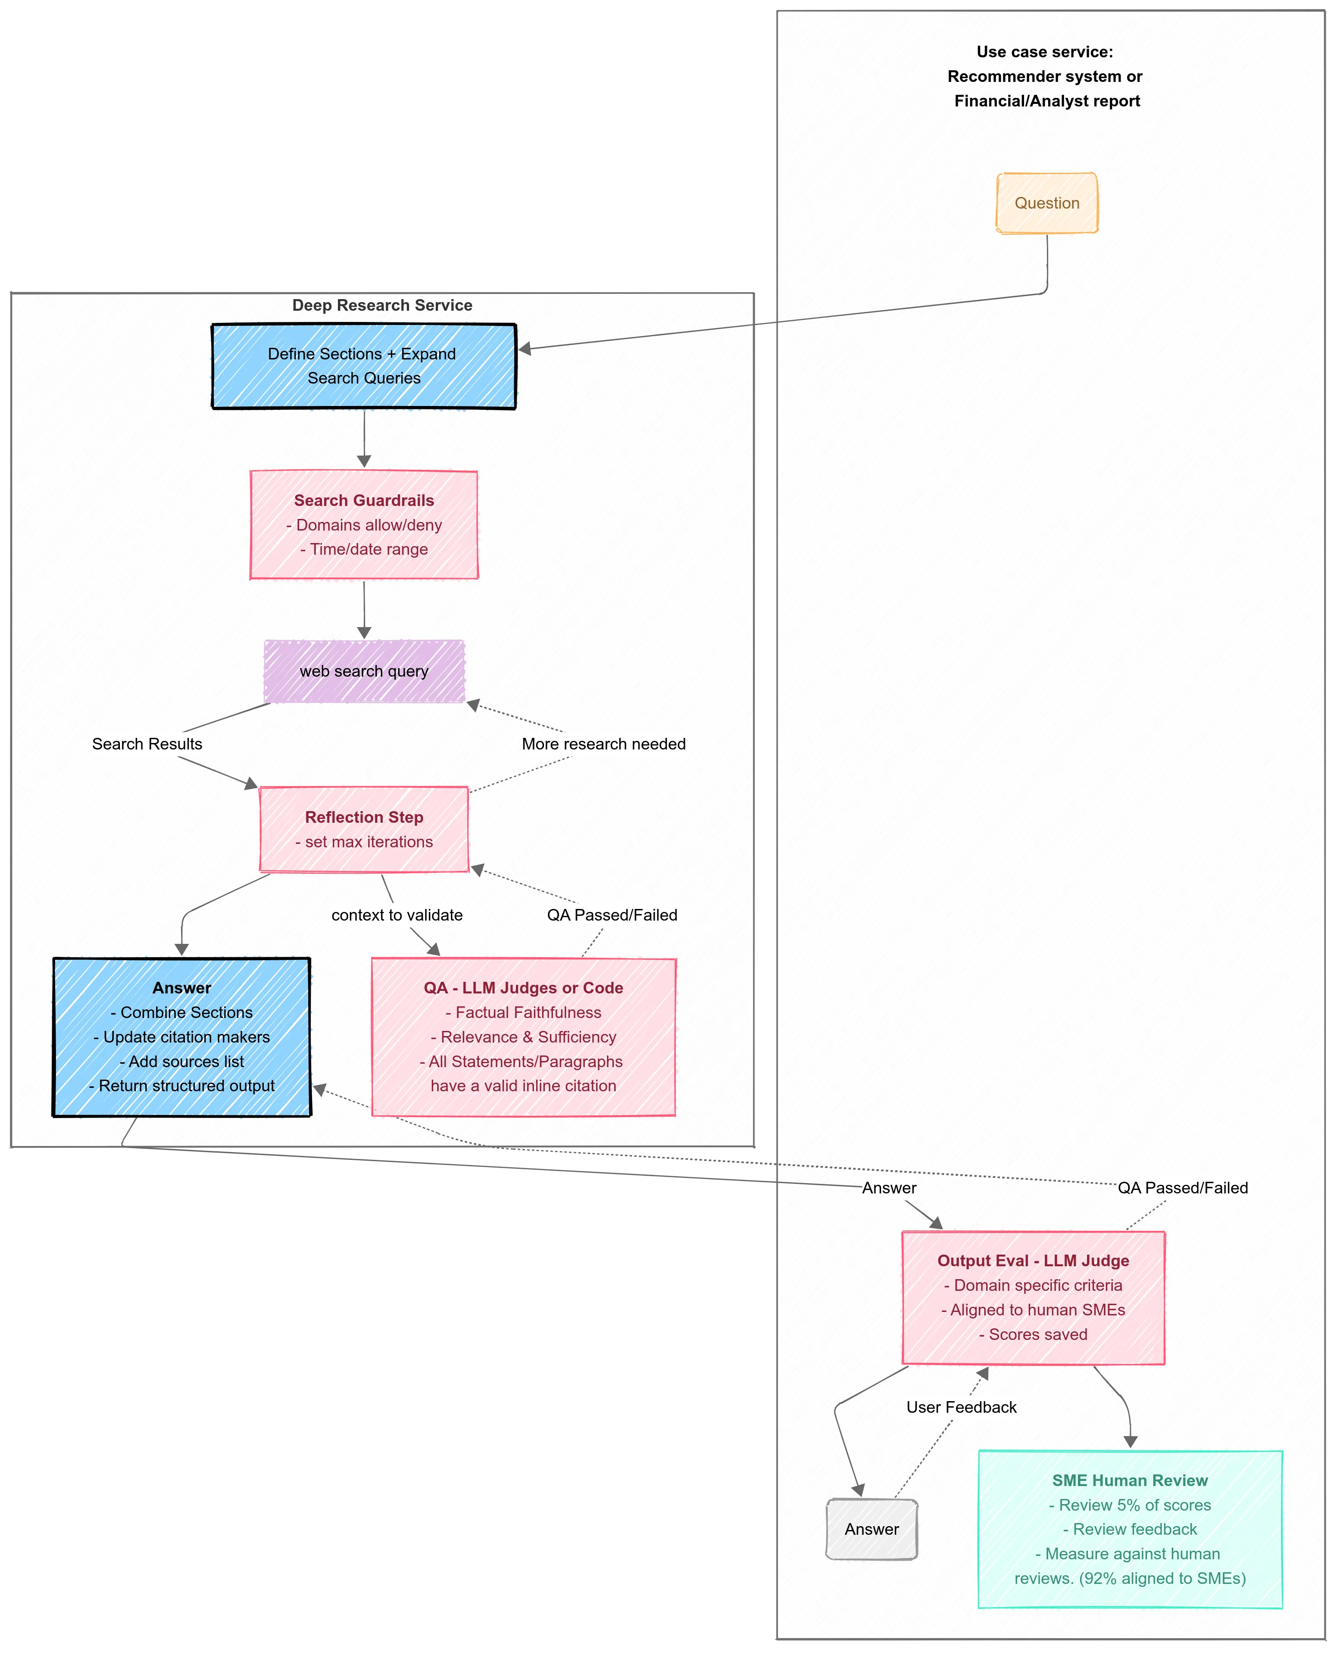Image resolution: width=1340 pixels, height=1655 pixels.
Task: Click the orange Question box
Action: (x=1046, y=203)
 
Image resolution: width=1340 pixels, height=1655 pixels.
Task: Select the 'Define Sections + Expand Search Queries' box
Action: (x=364, y=366)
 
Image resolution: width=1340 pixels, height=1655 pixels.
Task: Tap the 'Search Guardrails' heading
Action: (x=364, y=500)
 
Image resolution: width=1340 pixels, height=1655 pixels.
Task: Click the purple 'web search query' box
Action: (x=364, y=671)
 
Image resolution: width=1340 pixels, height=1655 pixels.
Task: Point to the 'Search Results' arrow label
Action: (x=147, y=743)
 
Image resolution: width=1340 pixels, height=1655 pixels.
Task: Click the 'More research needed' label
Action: (x=603, y=743)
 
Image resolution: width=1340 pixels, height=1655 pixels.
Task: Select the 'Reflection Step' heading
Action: (x=364, y=817)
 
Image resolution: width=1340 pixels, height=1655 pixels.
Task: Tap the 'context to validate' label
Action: (x=397, y=915)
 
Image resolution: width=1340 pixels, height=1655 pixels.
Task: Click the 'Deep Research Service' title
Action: (x=382, y=305)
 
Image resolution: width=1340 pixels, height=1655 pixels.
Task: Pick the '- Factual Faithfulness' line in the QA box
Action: (x=523, y=1012)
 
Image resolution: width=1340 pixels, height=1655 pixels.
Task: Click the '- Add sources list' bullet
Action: (x=182, y=1062)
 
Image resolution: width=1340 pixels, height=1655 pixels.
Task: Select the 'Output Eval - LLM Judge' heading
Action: (x=1033, y=1261)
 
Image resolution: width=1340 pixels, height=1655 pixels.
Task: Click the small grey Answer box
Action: (x=871, y=1529)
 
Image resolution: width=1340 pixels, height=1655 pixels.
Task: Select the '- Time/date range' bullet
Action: (x=364, y=549)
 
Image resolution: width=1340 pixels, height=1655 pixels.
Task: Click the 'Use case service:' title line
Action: (x=1044, y=52)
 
